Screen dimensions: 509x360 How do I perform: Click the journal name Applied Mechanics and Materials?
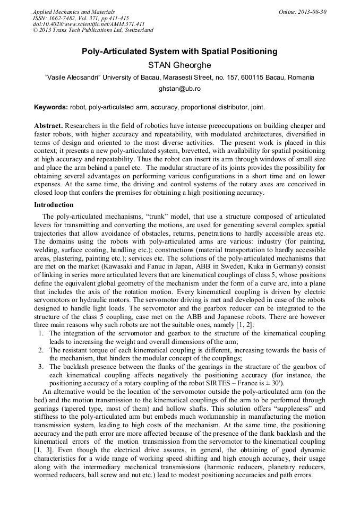[73, 11]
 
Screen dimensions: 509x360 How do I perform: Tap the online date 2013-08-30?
[312, 11]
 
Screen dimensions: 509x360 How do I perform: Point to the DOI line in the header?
[88, 24]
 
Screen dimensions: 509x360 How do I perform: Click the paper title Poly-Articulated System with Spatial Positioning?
[179, 51]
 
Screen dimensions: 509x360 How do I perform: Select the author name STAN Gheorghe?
[179, 65]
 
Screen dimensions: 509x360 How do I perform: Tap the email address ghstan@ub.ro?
[179, 90]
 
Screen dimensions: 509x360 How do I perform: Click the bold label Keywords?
[50, 107]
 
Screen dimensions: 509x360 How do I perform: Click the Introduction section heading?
[54, 204]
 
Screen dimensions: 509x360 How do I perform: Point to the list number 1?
[41, 333]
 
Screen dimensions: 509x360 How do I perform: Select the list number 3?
[41, 367]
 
